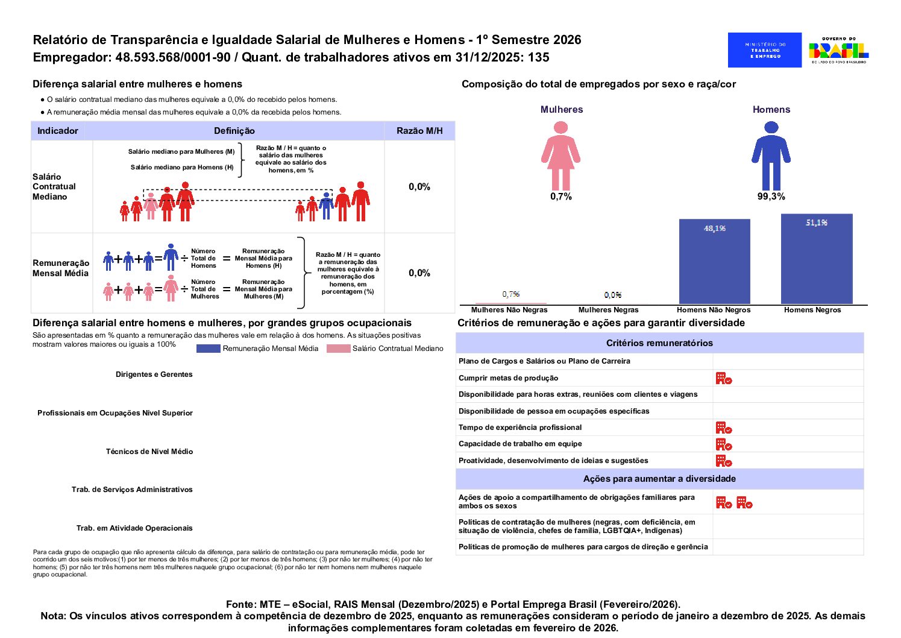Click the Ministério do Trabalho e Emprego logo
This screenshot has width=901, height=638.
click(764, 50)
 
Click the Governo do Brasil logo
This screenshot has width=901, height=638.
click(838, 50)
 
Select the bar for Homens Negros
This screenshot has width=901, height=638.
click(817, 259)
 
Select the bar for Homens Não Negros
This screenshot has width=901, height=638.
click(714, 262)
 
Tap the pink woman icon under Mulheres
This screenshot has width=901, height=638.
click(560, 156)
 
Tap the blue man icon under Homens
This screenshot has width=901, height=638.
click(771, 156)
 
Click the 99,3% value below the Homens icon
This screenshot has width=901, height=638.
click(771, 197)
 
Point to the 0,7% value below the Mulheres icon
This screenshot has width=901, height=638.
click(560, 197)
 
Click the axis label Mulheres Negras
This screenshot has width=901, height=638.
click(608, 310)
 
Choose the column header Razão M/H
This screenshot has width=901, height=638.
click(419, 131)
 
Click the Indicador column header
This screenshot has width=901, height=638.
click(58, 131)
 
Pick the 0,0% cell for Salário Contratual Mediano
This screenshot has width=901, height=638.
click(419, 187)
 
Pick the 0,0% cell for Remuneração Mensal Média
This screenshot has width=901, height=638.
click(419, 273)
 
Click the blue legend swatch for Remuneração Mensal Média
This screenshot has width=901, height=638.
click(208, 349)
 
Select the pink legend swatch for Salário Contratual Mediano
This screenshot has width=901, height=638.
click(338, 349)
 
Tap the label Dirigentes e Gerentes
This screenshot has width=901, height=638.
click(154, 374)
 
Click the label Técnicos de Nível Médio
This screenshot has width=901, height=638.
click(149, 452)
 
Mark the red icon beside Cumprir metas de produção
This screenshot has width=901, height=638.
click(724, 378)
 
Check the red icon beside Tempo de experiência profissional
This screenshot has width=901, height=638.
click(724, 428)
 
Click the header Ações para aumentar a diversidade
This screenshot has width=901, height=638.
click(659, 479)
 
